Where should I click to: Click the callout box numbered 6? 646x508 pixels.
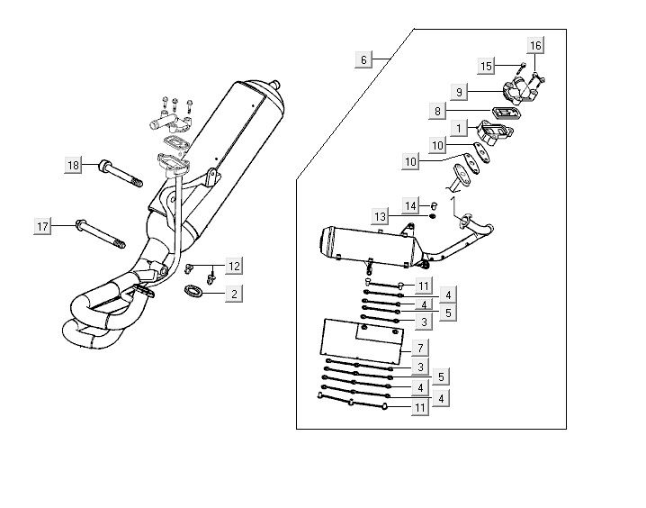pos(363,59)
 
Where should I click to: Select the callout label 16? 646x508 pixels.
pos(535,45)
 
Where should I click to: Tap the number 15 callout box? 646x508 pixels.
pos(487,66)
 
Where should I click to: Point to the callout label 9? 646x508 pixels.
pos(459,92)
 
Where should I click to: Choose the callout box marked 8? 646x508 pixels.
pos(438,112)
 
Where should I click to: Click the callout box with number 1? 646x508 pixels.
pos(458,129)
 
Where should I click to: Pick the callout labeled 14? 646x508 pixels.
pos(410,206)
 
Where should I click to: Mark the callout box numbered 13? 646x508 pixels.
pos(381,216)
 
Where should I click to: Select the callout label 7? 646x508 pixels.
pos(421,347)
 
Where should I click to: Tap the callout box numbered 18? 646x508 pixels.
pos(74,165)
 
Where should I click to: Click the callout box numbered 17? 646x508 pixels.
pos(42,226)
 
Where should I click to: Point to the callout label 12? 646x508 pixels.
pos(233,266)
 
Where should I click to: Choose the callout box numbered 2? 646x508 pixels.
pos(233,294)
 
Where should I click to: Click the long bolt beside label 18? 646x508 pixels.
pos(121,173)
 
